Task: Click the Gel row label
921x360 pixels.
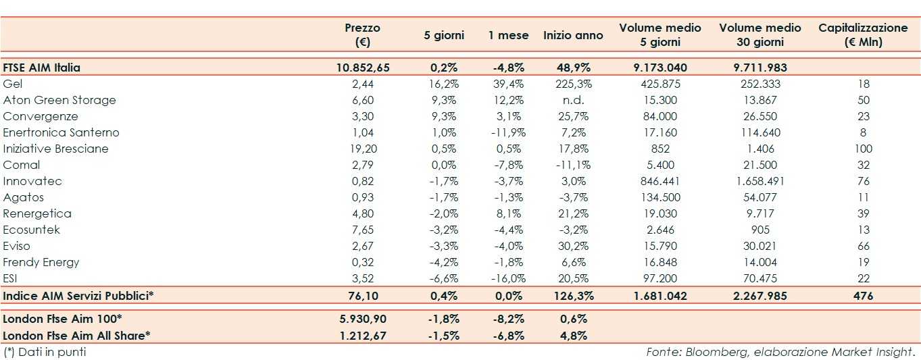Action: pyautogui.click(x=13, y=84)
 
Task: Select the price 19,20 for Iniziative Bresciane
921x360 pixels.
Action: pyautogui.click(x=363, y=149)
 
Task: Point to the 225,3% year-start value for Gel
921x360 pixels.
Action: pyautogui.click(x=573, y=84)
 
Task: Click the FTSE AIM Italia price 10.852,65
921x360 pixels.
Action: pyautogui.click(x=363, y=68)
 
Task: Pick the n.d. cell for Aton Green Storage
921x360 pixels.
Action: pyautogui.click(x=573, y=100)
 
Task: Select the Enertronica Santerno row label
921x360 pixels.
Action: pyautogui.click(x=61, y=132)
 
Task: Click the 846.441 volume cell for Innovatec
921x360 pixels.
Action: pyautogui.click(x=659, y=181)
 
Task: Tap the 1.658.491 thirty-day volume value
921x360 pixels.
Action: pyautogui.click(x=760, y=181)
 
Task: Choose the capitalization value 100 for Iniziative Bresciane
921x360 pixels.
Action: pyautogui.click(x=863, y=149)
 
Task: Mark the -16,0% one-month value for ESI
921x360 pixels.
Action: pyautogui.click(x=508, y=278)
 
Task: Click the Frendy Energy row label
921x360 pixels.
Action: pyautogui.click(x=41, y=262)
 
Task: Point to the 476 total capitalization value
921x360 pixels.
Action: pyautogui.click(x=863, y=296)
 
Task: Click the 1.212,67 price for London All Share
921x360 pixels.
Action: pyautogui.click(x=363, y=335)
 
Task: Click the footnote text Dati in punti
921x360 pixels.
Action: pyautogui.click(x=51, y=352)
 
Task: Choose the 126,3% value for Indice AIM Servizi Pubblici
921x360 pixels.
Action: pyautogui.click(x=573, y=296)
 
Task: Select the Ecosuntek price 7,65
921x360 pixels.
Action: pyautogui.click(x=363, y=230)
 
